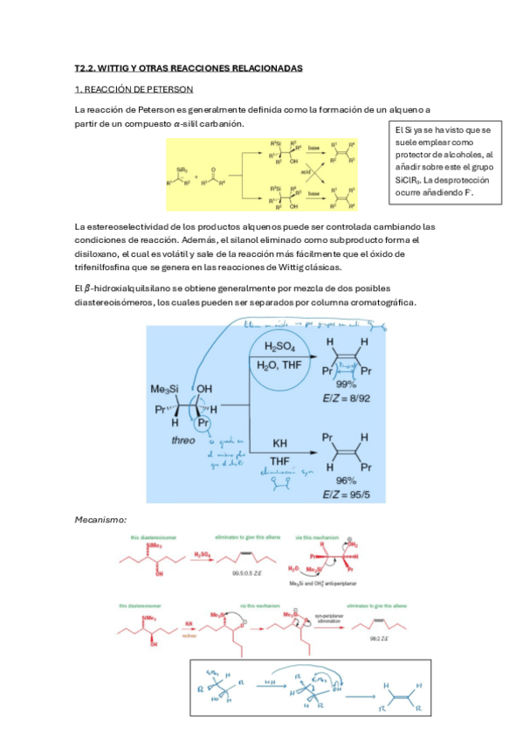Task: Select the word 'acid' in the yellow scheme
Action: coord(306,173)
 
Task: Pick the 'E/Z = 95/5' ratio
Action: coord(355,495)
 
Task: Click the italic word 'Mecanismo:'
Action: coord(101,519)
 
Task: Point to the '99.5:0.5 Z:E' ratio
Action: coord(243,571)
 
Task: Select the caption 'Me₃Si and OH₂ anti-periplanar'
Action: coord(339,583)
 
